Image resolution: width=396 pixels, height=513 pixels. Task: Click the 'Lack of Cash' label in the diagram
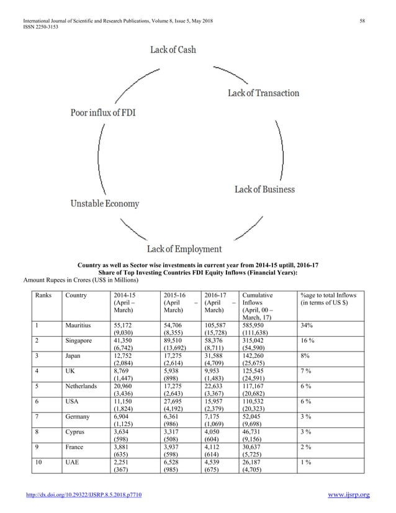pos(173,50)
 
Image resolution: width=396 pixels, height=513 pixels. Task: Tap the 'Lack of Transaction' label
pos(263,93)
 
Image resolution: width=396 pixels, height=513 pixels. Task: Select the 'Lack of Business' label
pos(264,189)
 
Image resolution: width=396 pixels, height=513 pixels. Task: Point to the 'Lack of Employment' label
pos(184,249)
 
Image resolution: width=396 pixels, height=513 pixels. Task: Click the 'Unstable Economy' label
pos(104,204)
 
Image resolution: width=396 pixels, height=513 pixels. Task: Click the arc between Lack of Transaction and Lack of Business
pos(280,142)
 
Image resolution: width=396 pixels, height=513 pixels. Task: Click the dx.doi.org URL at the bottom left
pos(92,495)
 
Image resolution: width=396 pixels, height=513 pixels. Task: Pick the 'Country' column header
pos(76,295)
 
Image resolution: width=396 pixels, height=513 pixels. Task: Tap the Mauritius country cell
pos(79,325)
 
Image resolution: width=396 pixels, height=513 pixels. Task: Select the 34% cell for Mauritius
pos(306,325)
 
